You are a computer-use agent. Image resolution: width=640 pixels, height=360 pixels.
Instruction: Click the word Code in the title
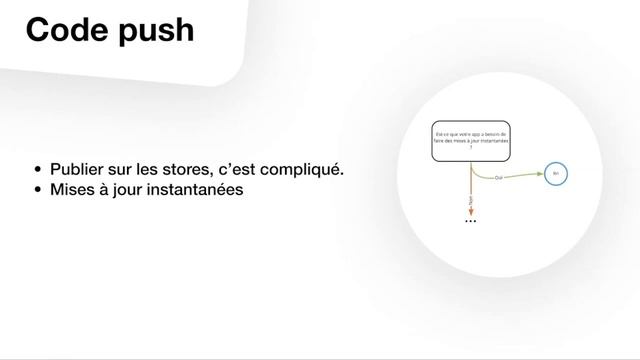(x=66, y=30)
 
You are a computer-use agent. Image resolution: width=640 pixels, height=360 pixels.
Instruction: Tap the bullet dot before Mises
(x=38, y=189)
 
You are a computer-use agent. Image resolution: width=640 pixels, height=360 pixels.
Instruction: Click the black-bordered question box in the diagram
(x=470, y=144)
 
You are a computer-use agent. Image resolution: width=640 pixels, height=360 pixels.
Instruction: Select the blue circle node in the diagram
(x=555, y=174)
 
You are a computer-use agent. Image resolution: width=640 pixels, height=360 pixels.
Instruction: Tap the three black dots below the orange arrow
(x=471, y=221)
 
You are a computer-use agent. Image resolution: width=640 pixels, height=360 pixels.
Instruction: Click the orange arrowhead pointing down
(x=470, y=211)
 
